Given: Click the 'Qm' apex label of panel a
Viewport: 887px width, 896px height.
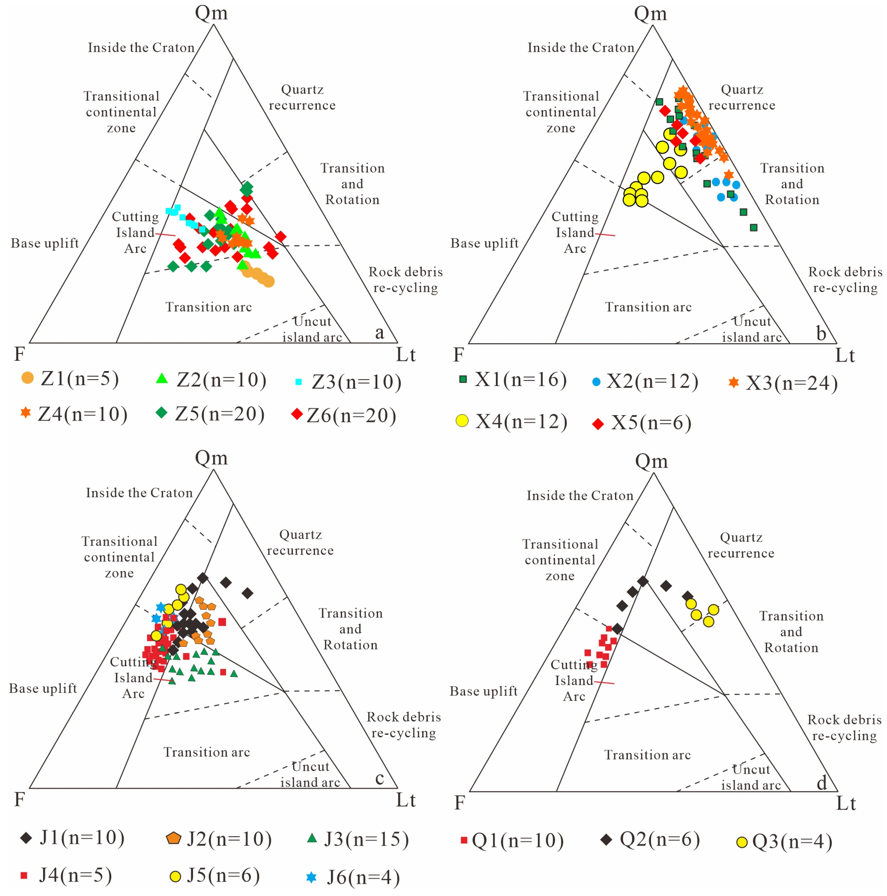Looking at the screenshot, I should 212,13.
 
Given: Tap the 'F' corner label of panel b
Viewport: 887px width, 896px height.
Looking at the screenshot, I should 458,355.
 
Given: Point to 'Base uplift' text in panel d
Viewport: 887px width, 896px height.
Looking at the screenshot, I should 484,691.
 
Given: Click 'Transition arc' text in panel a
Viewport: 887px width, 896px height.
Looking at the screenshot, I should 209,307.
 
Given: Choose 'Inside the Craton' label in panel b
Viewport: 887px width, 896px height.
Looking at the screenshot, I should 580,47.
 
